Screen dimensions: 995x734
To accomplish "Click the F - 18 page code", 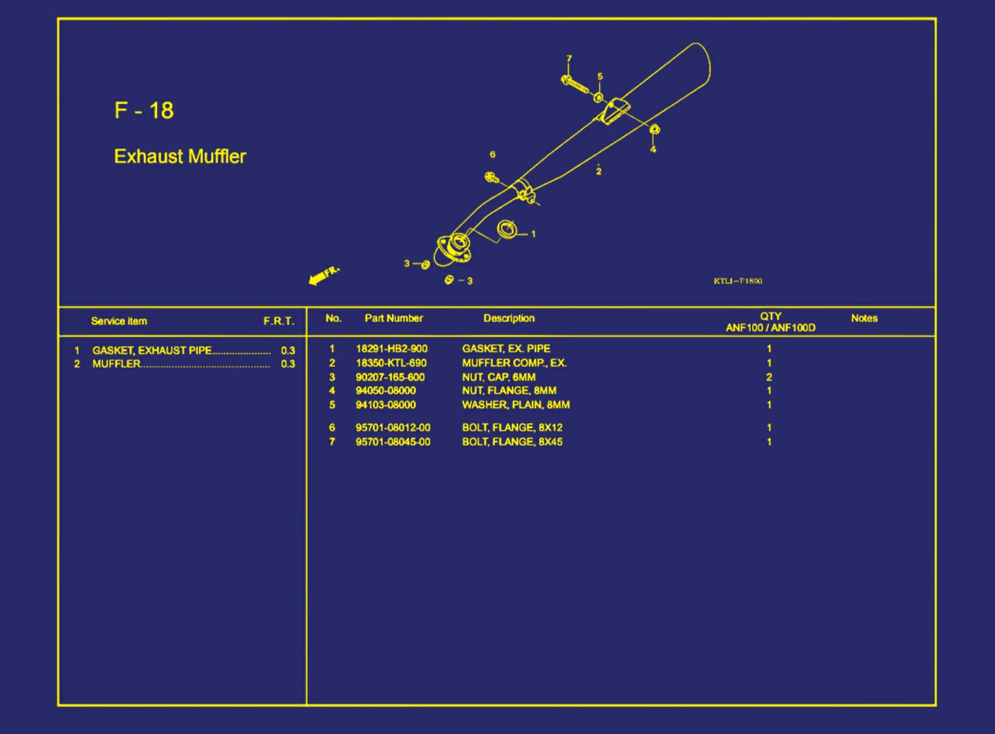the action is coord(144,110).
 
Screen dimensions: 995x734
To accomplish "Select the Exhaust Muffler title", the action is coord(180,156).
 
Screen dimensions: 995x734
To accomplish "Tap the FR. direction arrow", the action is coord(324,275).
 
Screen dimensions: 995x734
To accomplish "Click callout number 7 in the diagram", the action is coord(569,58).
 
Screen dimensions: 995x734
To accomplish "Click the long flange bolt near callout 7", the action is coord(575,85).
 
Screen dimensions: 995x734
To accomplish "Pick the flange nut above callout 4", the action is coord(654,130).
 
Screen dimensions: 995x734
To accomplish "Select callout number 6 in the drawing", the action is coord(492,154).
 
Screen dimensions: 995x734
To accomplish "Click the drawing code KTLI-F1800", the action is coord(738,281).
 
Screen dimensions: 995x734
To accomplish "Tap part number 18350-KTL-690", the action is coord(391,363).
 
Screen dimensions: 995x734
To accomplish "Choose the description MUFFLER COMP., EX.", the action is coord(514,363).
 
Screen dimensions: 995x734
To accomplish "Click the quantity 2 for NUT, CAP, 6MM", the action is coord(769,377).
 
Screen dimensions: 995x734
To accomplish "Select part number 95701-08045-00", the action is coord(393,442).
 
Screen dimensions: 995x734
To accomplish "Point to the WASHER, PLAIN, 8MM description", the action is coord(516,404).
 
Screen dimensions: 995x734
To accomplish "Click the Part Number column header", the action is coord(393,318).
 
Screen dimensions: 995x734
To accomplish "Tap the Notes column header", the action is coord(864,318).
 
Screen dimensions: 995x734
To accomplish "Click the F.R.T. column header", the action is coord(279,321).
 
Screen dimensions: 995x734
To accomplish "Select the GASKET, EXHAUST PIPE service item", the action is coord(152,350).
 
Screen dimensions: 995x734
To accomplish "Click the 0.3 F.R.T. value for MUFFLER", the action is coord(288,364).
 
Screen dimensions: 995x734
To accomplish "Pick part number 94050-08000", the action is coord(385,391).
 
